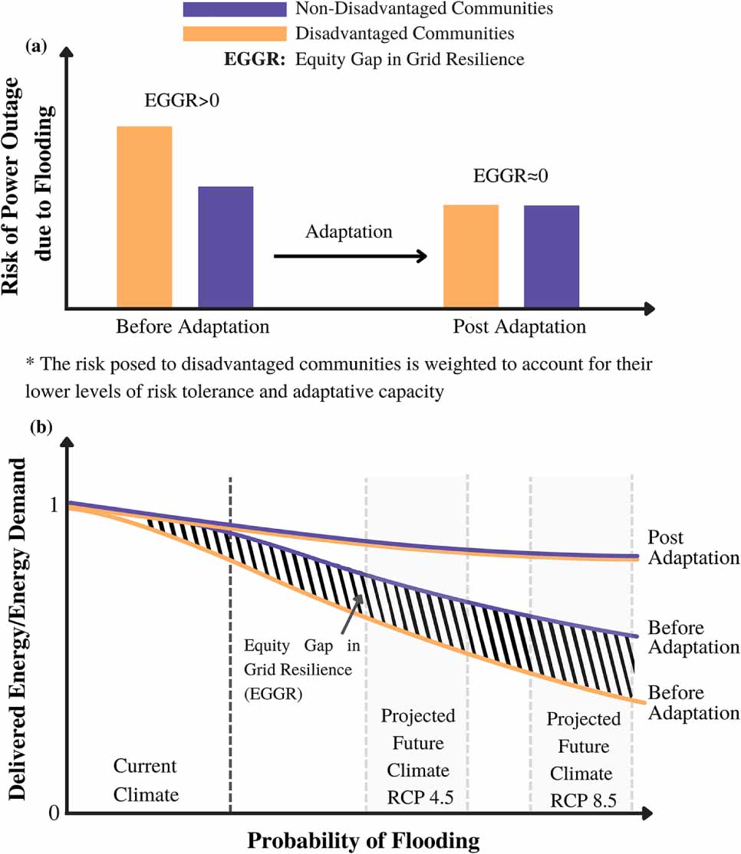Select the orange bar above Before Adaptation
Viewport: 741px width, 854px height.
[x=144, y=216]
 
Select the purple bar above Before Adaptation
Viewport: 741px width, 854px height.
[x=226, y=246]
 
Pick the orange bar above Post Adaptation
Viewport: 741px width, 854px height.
[x=471, y=255]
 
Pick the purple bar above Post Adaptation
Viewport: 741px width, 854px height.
[x=552, y=255]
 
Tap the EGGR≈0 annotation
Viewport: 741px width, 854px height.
[x=512, y=176]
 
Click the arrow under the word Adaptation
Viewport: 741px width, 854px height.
[x=350, y=257]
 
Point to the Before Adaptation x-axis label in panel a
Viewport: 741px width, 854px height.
[x=193, y=327]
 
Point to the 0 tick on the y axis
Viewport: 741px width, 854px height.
[x=53, y=812]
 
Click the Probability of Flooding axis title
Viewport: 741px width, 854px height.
[x=363, y=839]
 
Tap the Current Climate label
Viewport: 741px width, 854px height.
[x=146, y=780]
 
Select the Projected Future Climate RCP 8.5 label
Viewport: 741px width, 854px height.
[x=583, y=760]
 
